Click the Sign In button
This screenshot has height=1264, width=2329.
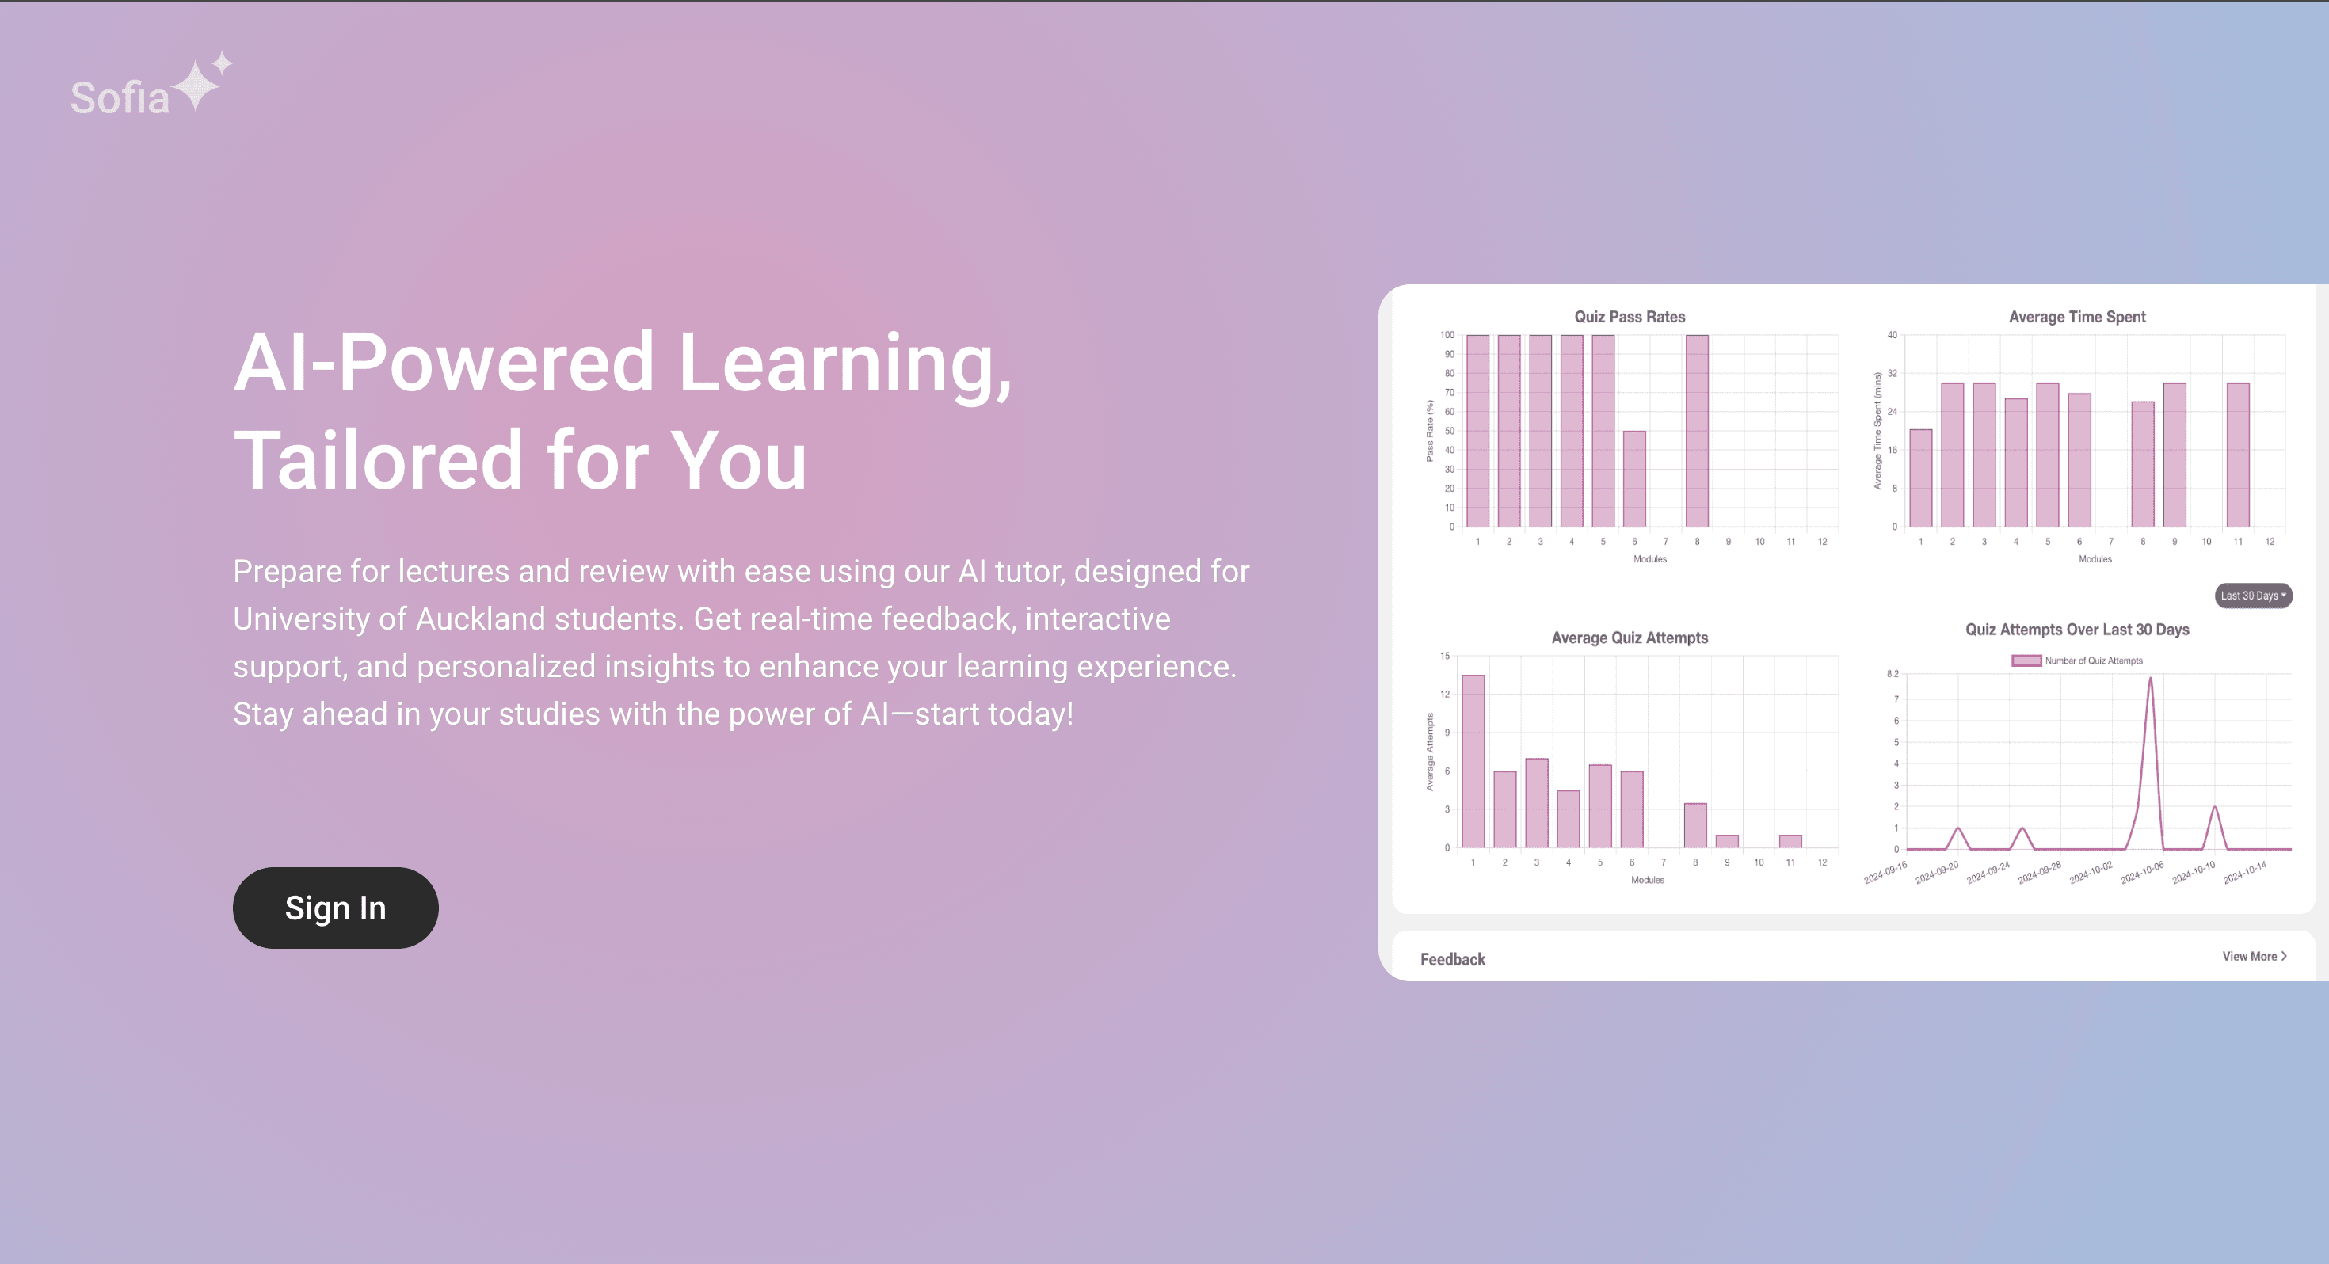pyautogui.click(x=335, y=908)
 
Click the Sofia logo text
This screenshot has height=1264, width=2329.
pyautogui.click(x=120, y=97)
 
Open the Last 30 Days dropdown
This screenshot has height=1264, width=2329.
pyautogui.click(x=2253, y=595)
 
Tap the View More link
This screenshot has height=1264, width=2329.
pyautogui.click(x=2254, y=956)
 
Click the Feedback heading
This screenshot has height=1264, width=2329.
pyautogui.click(x=1452, y=959)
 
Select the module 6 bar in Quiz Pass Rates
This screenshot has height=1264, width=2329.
pyautogui.click(x=1633, y=479)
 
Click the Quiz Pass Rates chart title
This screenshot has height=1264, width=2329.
pyautogui.click(x=1630, y=317)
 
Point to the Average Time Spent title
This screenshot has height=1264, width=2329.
pyautogui.click(x=2077, y=317)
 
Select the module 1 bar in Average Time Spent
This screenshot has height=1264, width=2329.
pyautogui.click(x=1920, y=478)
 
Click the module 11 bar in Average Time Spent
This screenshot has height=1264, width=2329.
pyautogui.click(x=2238, y=455)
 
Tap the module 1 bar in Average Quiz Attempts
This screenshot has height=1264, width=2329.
pyautogui.click(x=1473, y=761)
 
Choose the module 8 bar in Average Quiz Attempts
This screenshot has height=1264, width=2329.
pyautogui.click(x=1695, y=825)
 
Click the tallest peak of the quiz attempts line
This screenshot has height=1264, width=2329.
pyautogui.click(x=2150, y=679)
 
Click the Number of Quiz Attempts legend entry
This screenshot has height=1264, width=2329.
pyautogui.click(x=2077, y=660)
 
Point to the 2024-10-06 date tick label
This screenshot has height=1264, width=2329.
pyautogui.click(x=2142, y=873)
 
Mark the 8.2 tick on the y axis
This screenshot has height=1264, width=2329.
pyautogui.click(x=1893, y=674)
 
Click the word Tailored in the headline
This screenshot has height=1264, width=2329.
pyautogui.click(x=379, y=459)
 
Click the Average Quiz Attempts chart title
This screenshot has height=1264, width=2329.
pyautogui.click(x=1630, y=638)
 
